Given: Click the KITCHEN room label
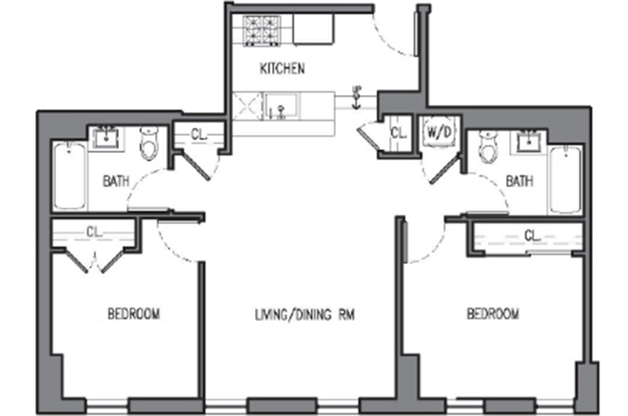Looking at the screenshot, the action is tap(283, 68).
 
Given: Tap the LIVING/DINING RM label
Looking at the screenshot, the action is tap(304, 315).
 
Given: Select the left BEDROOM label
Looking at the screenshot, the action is tap(134, 313).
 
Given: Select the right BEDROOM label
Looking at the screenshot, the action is tap(493, 313).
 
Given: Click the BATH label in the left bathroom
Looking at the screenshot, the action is tap(116, 181).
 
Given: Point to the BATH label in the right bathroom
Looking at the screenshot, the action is tap(520, 181).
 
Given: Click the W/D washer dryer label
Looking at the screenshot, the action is tap(439, 132).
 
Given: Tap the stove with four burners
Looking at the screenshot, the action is tap(263, 30).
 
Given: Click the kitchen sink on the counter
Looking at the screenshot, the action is tap(282, 105).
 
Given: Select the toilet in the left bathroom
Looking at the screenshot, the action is tap(149, 143).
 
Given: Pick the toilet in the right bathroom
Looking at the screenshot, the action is tap(489, 146).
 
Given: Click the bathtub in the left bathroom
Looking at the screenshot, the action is tap(70, 176).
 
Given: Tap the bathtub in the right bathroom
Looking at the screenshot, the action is tap(565, 180).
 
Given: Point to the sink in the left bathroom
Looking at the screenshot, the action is tap(107, 138).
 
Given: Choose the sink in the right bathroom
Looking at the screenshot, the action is tap(529, 142).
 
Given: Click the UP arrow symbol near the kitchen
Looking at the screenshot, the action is tap(355, 97).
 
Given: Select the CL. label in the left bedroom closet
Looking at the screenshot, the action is tap(94, 232).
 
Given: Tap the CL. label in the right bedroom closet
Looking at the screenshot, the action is tap(532, 236).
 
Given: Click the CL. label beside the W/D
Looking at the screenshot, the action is tap(399, 133).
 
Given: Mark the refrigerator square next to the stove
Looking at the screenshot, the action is tap(313, 28).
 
